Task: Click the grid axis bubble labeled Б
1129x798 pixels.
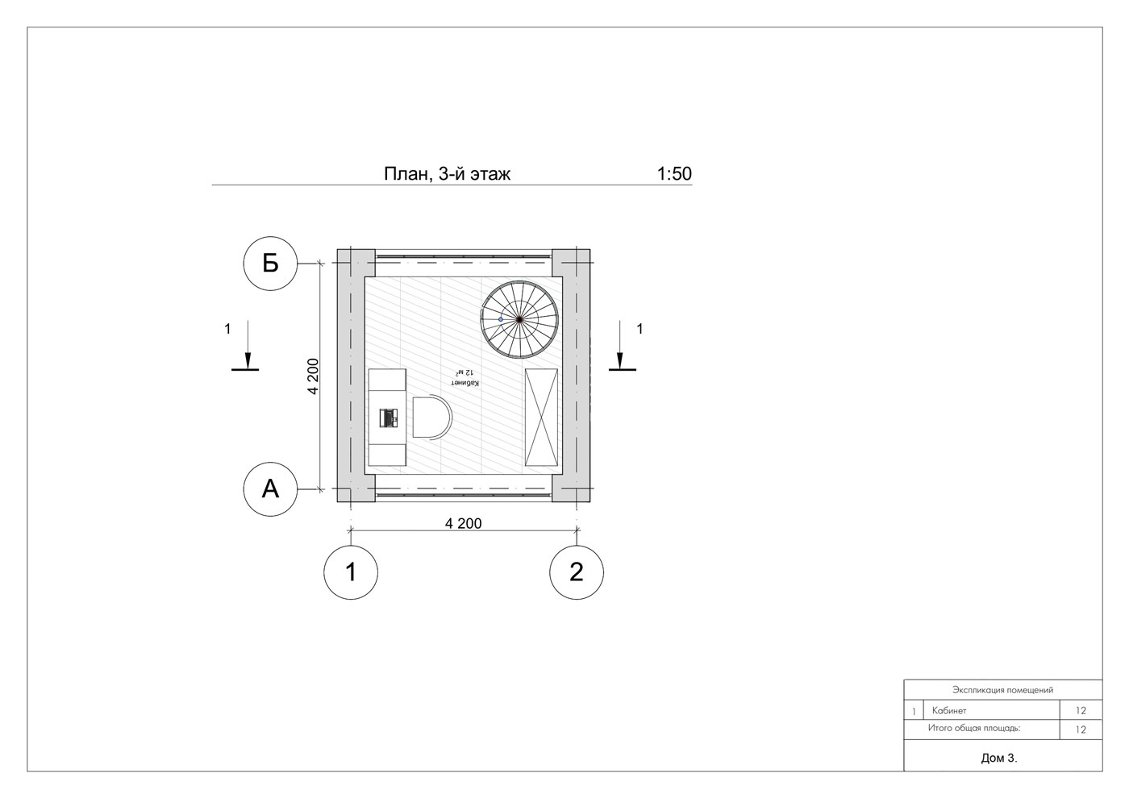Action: pos(270,263)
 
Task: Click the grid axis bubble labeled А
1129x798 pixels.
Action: pos(270,488)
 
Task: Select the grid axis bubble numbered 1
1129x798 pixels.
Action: pos(350,571)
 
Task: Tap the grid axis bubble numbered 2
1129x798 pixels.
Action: pos(576,571)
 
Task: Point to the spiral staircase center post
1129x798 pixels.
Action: pos(519,319)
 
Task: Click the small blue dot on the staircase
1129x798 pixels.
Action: pos(501,319)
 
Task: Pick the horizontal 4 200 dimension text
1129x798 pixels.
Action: pos(463,523)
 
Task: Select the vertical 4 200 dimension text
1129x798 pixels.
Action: pos(313,376)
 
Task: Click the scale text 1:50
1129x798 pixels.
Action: pos(674,174)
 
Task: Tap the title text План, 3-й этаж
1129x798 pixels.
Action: pos(447,174)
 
